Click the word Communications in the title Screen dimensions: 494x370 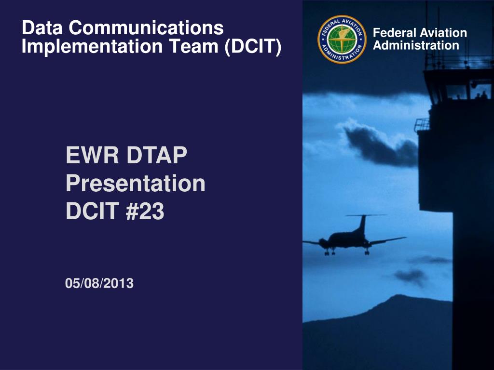point(146,27)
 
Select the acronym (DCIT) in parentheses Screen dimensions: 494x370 point(253,46)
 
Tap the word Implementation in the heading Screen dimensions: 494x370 point(92,47)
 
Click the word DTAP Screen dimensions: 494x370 point(157,155)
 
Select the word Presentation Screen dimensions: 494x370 point(136,184)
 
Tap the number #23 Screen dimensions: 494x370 point(145,211)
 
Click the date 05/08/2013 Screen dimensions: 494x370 point(99,283)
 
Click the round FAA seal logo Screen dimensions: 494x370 point(342,40)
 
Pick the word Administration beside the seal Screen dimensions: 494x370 point(416,45)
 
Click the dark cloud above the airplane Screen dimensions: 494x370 point(380,145)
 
